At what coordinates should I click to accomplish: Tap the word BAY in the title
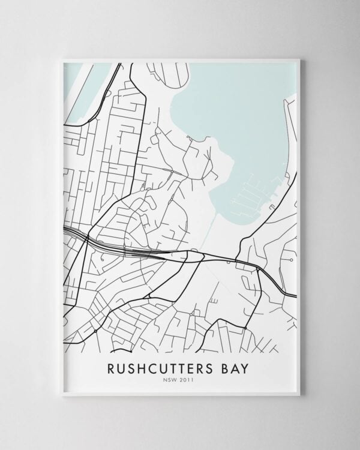[237, 367]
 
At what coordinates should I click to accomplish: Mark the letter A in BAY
[237, 367]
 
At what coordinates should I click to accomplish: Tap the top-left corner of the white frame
[62, 59]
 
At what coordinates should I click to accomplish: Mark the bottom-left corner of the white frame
[62, 395]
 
